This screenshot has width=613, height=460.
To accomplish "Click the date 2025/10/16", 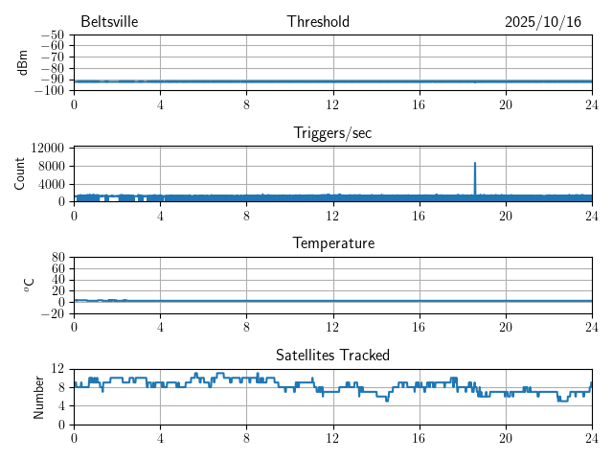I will [x=542, y=22].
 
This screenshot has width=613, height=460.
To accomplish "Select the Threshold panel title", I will [x=318, y=22].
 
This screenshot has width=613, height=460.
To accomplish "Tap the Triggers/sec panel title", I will [x=332, y=133].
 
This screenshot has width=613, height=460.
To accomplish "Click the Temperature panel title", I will [x=332, y=243].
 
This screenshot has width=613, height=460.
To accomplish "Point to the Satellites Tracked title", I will [x=332, y=355].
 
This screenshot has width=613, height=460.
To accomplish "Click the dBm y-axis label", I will [x=22, y=62].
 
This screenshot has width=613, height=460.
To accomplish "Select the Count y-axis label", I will [x=20, y=173].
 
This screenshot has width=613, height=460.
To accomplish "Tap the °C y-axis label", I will [x=29, y=285].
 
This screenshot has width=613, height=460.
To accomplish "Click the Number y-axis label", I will [x=39, y=396].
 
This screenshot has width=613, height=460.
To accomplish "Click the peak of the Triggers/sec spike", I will [x=474, y=163].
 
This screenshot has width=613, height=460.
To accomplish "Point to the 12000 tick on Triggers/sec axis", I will [x=47, y=149].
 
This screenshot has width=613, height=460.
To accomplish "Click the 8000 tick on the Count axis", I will [x=51, y=167].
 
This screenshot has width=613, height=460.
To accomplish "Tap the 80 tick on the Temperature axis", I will [x=57, y=259].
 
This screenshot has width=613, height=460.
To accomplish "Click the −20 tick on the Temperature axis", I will [x=53, y=314].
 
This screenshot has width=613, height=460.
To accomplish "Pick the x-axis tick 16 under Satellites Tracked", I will [x=419, y=437].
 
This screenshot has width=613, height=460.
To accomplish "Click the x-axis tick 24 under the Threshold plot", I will [x=591, y=103].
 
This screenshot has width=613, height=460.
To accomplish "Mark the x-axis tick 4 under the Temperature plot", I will [x=160, y=326].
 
